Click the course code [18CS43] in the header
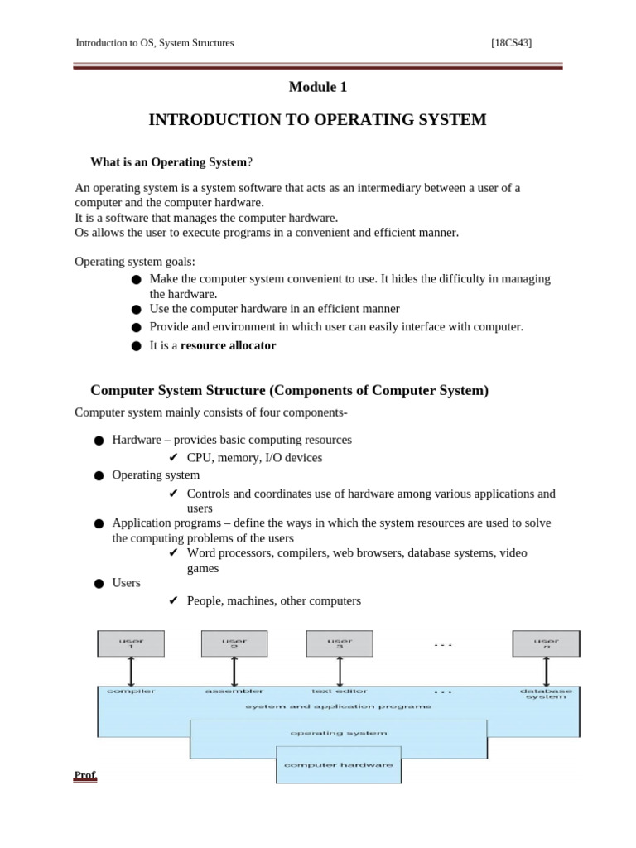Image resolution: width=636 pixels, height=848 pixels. click(x=511, y=43)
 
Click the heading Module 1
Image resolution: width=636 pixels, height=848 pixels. click(x=318, y=87)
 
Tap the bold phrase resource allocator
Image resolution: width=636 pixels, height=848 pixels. click(x=229, y=345)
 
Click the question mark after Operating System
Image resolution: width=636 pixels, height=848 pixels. click(x=250, y=161)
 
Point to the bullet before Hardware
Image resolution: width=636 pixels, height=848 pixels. click(x=99, y=441)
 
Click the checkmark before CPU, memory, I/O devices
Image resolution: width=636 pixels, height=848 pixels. click(x=173, y=457)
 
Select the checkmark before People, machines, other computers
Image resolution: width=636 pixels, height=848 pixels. click(x=173, y=600)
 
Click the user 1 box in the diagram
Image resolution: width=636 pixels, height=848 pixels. click(x=131, y=643)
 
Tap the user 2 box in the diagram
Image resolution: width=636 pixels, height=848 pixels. click(x=234, y=643)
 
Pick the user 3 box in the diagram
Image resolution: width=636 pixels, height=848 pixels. click(x=340, y=643)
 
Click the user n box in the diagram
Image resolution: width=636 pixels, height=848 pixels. click(x=546, y=643)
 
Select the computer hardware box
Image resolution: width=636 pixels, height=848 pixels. click(x=338, y=764)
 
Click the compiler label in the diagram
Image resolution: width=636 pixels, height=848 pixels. click(x=132, y=691)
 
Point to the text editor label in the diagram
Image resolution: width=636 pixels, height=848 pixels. click(x=340, y=691)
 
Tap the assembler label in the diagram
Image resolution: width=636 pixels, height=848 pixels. click(x=234, y=691)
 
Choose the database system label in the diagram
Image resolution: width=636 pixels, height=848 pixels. click(x=546, y=694)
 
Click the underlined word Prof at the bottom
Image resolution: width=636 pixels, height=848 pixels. click(x=85, y=776)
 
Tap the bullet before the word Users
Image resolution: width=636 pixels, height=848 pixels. click(x=99, y=584)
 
